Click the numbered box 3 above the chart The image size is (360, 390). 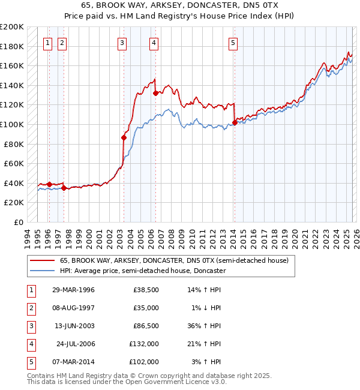[122, 43]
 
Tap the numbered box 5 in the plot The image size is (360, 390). [233, 43]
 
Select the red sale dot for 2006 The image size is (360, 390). [155, 93]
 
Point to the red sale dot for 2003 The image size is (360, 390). [124, 137]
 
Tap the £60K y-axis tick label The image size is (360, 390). [14, 163]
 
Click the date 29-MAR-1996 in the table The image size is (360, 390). [73, 290]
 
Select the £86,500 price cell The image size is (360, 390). [144, 326]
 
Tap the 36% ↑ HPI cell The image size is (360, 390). [204, 326]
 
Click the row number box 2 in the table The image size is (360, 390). [30, 308]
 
